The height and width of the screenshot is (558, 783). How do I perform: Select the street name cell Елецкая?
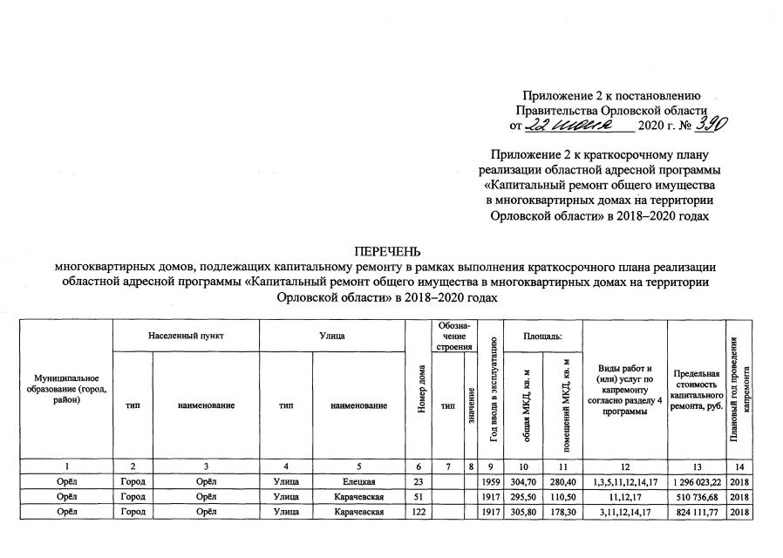359,481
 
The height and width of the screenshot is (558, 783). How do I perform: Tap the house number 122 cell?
421,511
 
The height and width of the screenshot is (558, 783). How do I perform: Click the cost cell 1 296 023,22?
697,481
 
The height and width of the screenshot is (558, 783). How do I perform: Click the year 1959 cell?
490,481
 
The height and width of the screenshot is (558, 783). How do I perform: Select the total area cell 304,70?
521,481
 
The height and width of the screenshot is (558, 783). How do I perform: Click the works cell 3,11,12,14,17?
624,511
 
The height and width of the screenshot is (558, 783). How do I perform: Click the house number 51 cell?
421,496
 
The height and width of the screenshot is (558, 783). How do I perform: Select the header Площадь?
541,336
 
